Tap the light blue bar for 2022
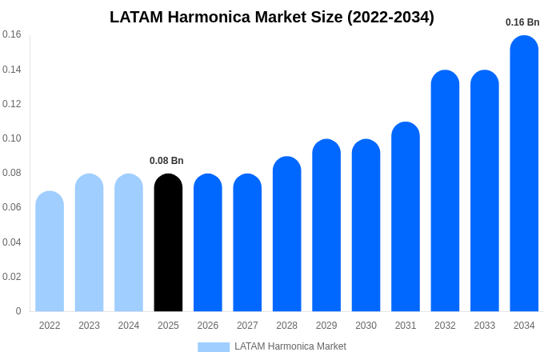coord(50,251)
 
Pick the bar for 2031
coord(406,217)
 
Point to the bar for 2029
coord(326,226)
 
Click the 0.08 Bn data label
coord(166,161)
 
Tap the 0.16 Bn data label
coord(522,22)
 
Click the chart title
coord(272,17)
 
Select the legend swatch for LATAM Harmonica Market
coord(214,347)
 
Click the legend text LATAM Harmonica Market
coord(290,346)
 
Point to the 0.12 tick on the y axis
coord(12,104)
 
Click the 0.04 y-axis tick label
coord(12,242)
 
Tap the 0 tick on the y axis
coord(18,311)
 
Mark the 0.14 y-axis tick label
coord(12,70)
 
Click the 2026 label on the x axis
coord(208,326)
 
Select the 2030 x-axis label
coord(366,326)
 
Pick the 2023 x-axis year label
coord(89,326)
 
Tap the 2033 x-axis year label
coord(485,326)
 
